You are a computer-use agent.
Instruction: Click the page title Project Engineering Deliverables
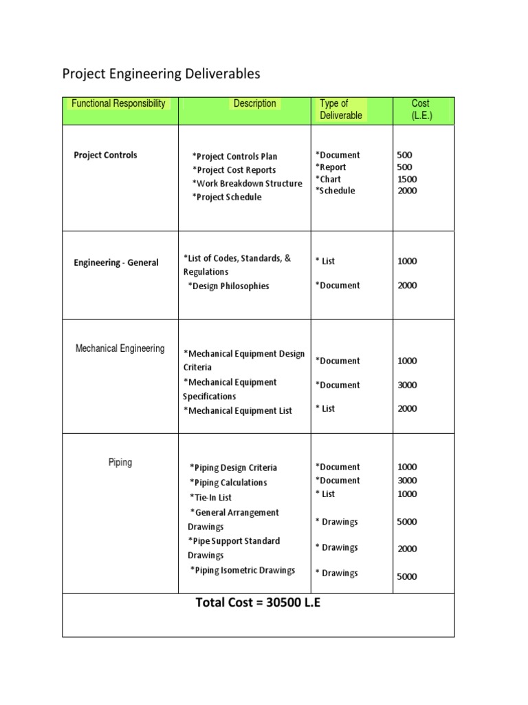click(162, 74)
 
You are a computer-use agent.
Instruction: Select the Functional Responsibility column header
click(119, 104)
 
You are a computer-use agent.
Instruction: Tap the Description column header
click(255, 104)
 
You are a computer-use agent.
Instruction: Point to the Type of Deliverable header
click(341, 109)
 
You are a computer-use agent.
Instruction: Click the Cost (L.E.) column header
click(420, 109)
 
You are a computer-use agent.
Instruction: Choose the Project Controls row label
click(105, 155)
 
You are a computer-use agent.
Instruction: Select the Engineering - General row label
click(116, 262)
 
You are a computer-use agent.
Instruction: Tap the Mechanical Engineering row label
click(120, 348)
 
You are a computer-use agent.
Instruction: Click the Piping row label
click(120, 463)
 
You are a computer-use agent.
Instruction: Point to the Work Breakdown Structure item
click(247, 184)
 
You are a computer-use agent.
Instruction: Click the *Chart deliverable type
click(328, 179)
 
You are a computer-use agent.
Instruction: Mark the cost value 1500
click(407, 179)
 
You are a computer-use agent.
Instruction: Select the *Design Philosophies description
click(228, 286)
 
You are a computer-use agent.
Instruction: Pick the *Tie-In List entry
click(211, 497)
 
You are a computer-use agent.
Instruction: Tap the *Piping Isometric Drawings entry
click(243, 570)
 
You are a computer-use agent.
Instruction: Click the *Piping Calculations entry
click(228, 483)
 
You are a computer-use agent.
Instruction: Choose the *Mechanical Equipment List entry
click(237, 411)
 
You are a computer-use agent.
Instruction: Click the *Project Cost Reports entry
click(234, 170)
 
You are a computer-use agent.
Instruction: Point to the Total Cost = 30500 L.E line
click(258, 603)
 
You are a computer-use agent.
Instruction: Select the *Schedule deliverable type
click(335, 191)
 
